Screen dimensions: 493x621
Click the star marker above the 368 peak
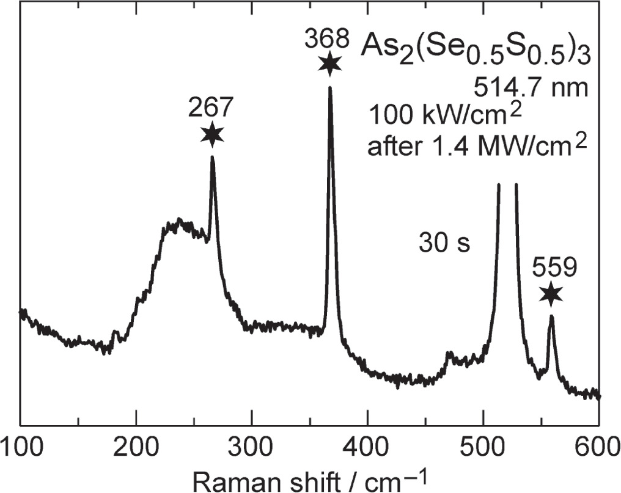(x=330, y=64)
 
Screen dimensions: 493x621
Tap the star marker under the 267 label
(x=212, y=134)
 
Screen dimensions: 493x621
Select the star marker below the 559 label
(x=551, y=294)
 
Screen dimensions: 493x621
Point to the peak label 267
(x=211, y=109)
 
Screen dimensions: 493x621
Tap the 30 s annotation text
(x=444, y=243)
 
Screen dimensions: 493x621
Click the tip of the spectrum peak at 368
(x=330, y=88)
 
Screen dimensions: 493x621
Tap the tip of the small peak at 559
(x=551, y=316)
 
